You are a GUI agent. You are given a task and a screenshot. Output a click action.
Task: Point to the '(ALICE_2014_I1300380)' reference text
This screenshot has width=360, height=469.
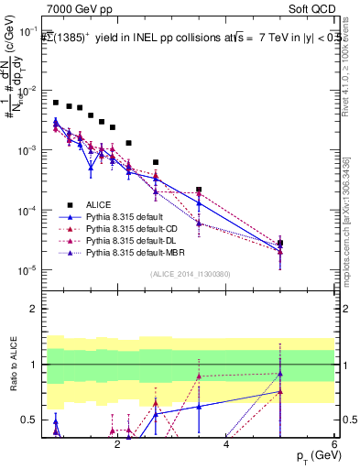click(191, 273)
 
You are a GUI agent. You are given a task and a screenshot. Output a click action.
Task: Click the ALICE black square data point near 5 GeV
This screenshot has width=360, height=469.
click(279, 243)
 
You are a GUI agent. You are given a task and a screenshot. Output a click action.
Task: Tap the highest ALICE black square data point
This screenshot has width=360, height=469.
click(56, 103)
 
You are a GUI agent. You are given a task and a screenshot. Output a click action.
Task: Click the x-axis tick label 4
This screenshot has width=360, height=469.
click(226, 443)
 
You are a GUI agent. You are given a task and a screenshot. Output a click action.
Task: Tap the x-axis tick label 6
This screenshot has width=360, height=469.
click(334, 443)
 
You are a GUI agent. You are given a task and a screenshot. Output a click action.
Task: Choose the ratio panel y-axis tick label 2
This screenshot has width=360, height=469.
click(41, 309)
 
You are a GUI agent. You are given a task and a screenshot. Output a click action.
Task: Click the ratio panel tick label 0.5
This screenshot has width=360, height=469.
click(38, 420)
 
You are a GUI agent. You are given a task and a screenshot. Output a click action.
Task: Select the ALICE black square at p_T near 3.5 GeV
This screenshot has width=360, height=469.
click(199, 190)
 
